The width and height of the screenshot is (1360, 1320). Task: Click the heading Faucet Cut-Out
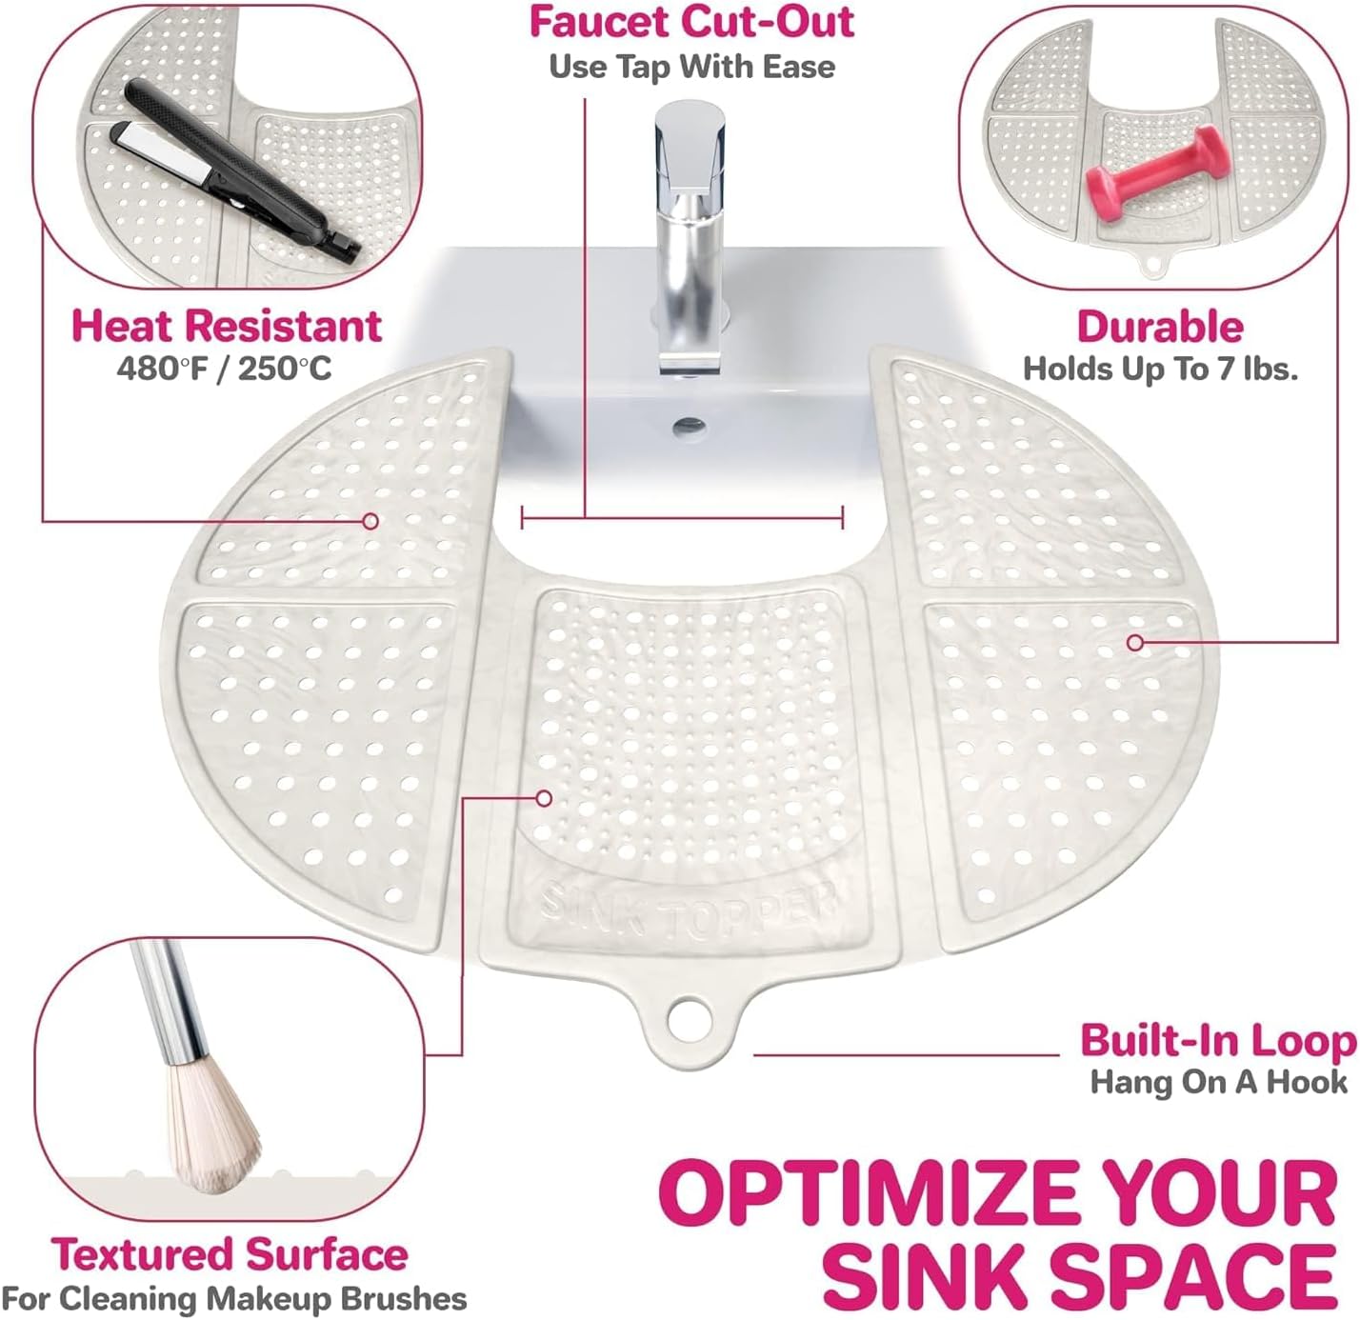(691, 22)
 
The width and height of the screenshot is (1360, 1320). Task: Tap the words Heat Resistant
(227, 326)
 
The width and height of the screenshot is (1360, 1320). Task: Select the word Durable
(1160, 327)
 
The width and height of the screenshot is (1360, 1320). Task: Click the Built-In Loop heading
(1218, 1041)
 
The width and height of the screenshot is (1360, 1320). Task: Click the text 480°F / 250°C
(224, 369)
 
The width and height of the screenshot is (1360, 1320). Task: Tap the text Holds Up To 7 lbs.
(1160, 369)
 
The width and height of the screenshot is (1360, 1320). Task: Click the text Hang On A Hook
(1218, 1083)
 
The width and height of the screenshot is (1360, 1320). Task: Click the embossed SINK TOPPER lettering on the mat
(689, 912)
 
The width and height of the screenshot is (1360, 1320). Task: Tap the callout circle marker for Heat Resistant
(370, 521)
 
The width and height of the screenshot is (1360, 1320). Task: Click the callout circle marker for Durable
(1135, 642)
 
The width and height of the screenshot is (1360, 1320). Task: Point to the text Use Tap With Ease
(691, 67)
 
